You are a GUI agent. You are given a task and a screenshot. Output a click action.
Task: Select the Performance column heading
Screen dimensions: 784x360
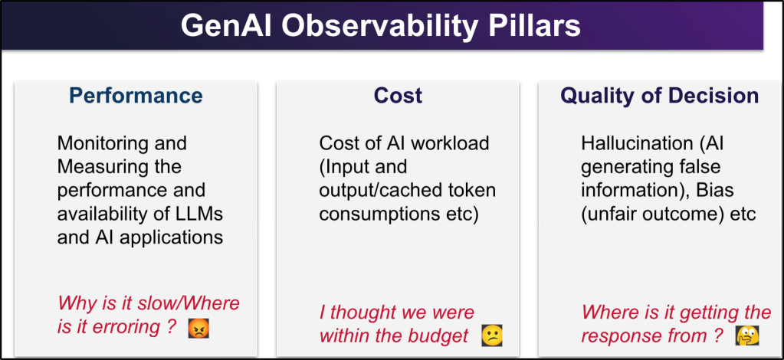click(136, 95)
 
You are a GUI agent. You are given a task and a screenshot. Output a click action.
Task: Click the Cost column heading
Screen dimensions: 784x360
click(398, 95)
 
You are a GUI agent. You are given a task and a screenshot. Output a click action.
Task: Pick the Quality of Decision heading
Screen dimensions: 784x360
click(660, 96)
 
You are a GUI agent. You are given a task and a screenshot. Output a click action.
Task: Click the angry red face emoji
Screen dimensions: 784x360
click(198, 329)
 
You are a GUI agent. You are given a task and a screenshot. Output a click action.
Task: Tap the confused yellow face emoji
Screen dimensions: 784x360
click(491, 336)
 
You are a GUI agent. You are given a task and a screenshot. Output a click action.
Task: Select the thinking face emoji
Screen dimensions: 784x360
click(747, 335)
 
